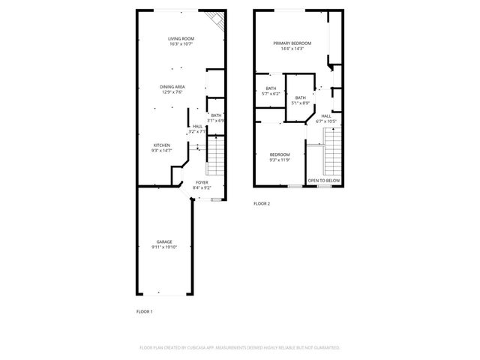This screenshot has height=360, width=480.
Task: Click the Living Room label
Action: tap(181, 38)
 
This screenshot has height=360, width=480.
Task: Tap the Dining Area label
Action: tap(172, 87)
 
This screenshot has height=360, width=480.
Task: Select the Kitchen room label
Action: tap(162, 145)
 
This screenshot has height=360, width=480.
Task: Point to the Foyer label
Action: tap(202, 182)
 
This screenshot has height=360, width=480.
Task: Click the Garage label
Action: tap(164, 241)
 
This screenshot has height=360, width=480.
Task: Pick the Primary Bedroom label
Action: tap(292, 43)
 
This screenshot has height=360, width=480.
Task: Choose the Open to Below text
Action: tap(324, 181)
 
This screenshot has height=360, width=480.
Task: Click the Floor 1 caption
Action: tap(144, 311)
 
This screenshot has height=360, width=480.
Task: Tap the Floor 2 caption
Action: tap(261, 203)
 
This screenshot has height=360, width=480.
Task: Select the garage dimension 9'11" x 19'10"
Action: tap(164, 247)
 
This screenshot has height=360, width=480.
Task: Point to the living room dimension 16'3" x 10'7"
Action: tap(181, 43)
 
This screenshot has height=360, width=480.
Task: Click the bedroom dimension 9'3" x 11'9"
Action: tap(279, 160)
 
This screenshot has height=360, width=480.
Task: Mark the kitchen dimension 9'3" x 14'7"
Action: tap(162, 150)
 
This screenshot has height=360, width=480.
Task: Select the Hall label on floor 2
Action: tap(326, 116)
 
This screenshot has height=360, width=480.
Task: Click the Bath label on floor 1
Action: tap(216, 115)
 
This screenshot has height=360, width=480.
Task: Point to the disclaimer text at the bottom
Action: tap(240, 348)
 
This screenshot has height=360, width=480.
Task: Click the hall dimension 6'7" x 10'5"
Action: tap(326, 121)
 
